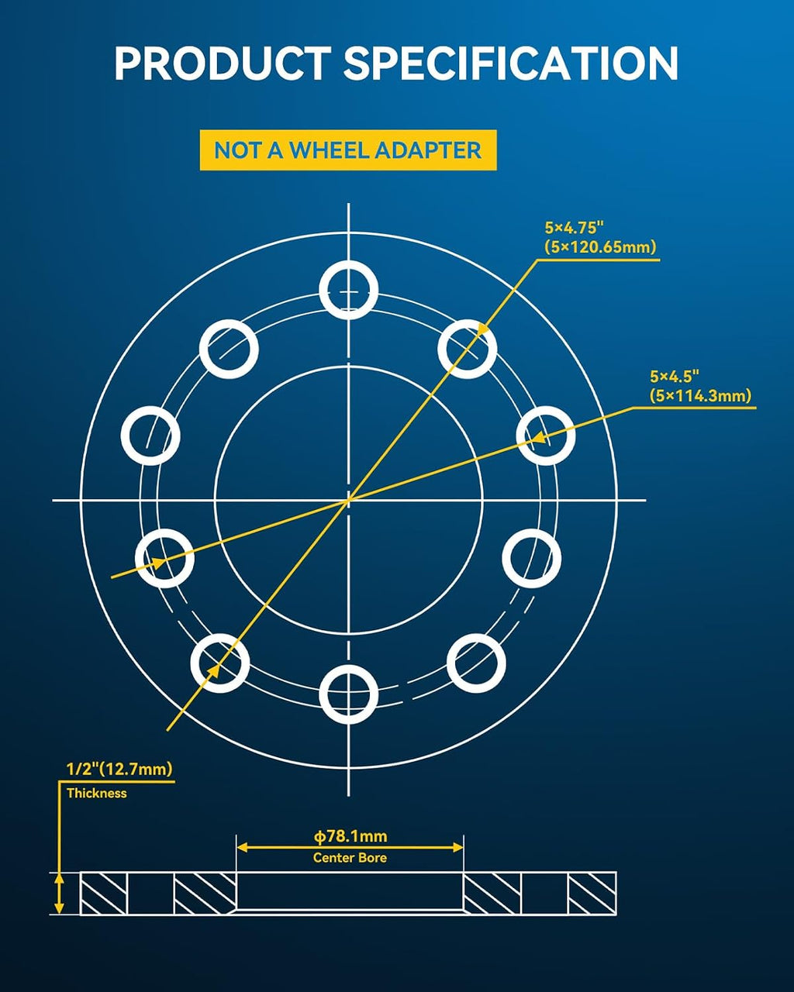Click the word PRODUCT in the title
[x=223, y=64]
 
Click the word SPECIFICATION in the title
[x=511, y=64]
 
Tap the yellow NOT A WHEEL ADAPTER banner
[x=348, y=150]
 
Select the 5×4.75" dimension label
[x=574, y=228]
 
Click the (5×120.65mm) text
[x=600, y=247]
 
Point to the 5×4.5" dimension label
[x=675, y=377]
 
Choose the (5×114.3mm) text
[x=700, y=396]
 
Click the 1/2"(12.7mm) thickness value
[x=119, y=769]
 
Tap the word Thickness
[x=96, y=794]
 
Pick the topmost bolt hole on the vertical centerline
[x=348, y=291]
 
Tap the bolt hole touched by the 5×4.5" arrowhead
[x=545, y=436]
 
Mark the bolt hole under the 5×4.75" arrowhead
[x=467, y=349]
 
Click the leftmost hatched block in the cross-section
[x=104, y=894]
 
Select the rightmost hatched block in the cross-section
[x=592, y=894]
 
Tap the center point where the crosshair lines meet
[x=348, y=500]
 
